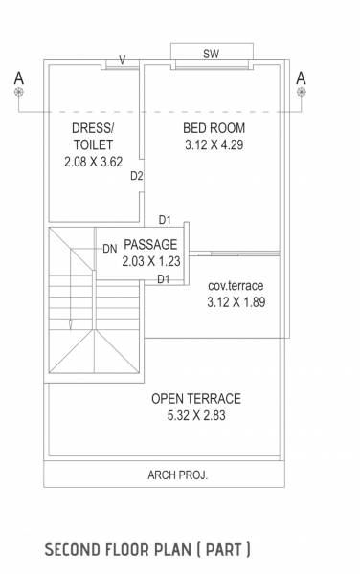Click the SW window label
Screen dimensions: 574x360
(x=211, y=54)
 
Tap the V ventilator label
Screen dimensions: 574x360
(x=122, y=60)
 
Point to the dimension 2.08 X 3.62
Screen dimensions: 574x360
(x=93, y=163)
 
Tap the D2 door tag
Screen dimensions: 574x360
(x=137, y=176)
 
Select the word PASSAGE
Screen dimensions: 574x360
(x=150, y=244)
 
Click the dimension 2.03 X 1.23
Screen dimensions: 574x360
(x=150, y=260)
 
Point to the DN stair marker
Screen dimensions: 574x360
(x=110, y=249)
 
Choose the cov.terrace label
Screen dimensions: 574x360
(x=236, y=286)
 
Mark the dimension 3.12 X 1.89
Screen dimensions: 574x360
(x=236, y=302)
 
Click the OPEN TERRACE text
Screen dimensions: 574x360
(x=195, y=399)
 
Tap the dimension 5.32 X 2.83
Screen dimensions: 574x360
(x=195, y=416)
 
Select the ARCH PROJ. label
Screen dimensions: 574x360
(x=177, y=475)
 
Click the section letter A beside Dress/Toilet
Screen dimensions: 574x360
(x=18, y=77)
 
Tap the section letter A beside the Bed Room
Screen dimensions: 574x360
(x=301, y=77)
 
